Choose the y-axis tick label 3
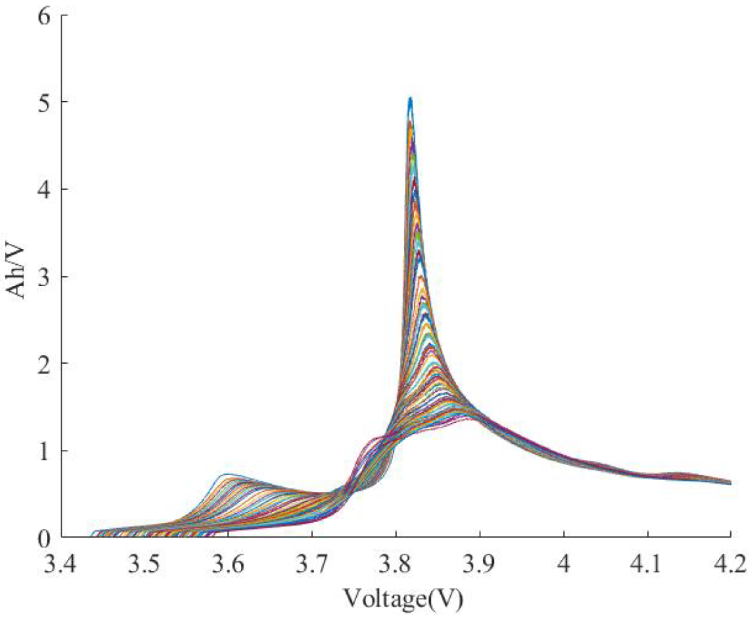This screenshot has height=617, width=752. [x=46, y=277]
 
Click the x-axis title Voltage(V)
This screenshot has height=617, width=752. [x=403, y=598]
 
